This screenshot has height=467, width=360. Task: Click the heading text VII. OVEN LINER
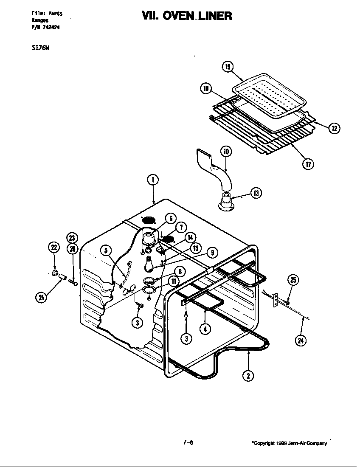coord(187,16)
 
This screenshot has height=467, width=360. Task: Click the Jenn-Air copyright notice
coord(289,443)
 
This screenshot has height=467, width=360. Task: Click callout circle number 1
coord(153,180)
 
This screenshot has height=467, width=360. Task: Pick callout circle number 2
coord(248,375)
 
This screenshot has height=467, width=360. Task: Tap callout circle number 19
coord(228,67)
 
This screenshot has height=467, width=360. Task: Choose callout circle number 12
coord(335,128)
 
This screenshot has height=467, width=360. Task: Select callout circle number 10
coord(225,152)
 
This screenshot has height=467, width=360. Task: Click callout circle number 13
coord(256,193)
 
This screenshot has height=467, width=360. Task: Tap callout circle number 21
coord(41,298)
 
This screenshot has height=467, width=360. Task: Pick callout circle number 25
coord(293,280)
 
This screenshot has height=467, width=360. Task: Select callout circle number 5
coord(106,250)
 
